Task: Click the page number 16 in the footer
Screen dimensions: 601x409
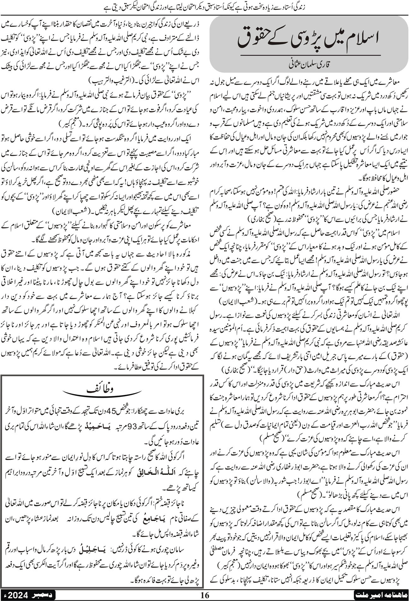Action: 204,595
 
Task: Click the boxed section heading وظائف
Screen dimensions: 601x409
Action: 103,390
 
